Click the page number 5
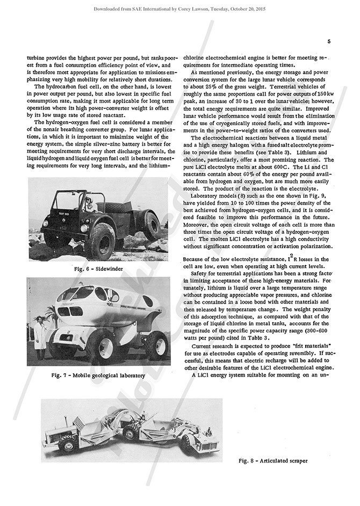(328, 41)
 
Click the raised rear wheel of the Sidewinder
(150, 226)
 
